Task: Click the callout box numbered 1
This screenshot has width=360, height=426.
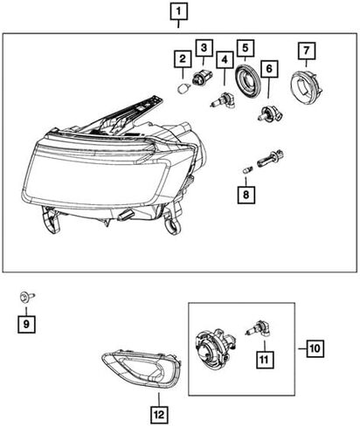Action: pyautogui.click(x=178, y=12)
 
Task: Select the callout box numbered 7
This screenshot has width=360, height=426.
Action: pyautogui.click(x=307, y=52)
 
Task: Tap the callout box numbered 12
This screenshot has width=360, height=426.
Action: pyautogui.click(x=159, y=415)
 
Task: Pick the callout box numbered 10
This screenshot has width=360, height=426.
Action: pyautogui.click(x=315, y=348)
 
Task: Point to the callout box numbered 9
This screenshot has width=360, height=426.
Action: pyautogui.click(x=26, y=324)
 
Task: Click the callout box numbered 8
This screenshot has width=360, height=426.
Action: pyautogui.click(x=246, y=195)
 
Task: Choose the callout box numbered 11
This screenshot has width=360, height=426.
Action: pyautogui.click(x=265, y=360)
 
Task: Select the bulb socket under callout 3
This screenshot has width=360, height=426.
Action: pyautogui.click(x=202, y=79)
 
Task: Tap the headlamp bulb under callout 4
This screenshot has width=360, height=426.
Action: pyautogui.click(x=223, y=100)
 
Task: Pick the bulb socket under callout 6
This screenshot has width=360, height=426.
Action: pyautogui.click(x=270, y=114)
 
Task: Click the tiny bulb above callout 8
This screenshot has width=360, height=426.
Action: pyautogui.click(x=248, y=169)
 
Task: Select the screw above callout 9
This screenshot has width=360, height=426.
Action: pyautogui.click(x=27, y=297)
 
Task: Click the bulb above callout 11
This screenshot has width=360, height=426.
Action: pyautogui.click(x=259, y=331)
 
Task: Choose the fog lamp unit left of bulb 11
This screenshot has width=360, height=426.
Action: pyautogui.click(x=214, y=347)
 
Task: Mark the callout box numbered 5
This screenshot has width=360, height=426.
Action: pyautogui.click(x=246, y=48)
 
